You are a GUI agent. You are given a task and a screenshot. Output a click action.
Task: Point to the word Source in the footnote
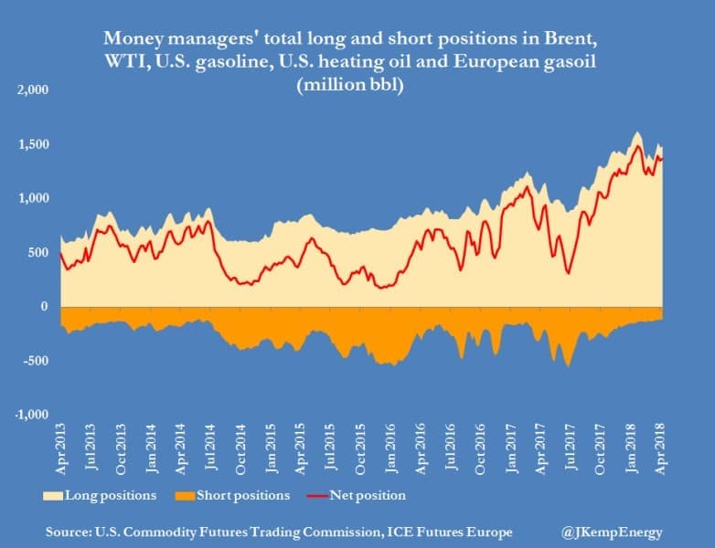pyautogui.click(x=75, y=532)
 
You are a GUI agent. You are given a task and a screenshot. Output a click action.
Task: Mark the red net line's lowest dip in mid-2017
pyautogui.click(x=569, y=272)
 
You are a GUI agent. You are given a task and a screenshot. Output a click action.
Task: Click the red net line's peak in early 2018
pyautogui.click(x=638, y=146)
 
